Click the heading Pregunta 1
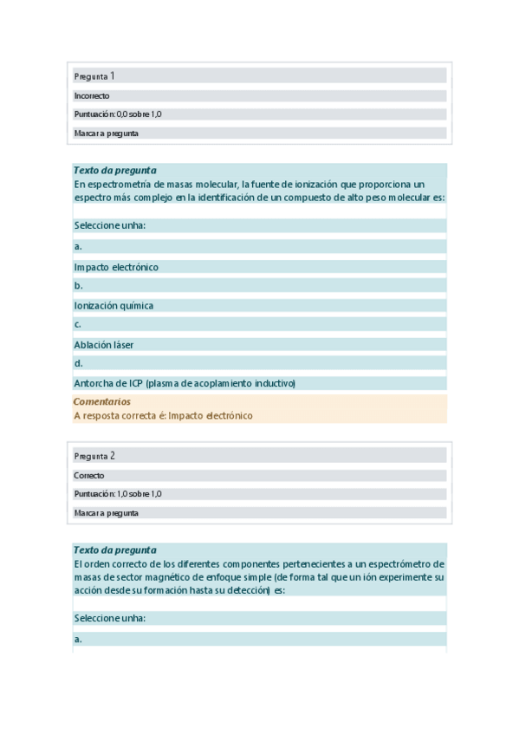(94, 76)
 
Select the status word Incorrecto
(92, 96)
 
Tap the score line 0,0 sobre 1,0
(118, 114)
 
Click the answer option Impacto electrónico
(116, 267)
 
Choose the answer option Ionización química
(114, 305)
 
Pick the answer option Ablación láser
(104, 344)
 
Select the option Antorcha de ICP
(185, 383)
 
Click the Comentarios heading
(102, 401)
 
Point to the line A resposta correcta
(163, 415)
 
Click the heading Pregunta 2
(94, 456)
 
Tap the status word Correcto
(89, 476)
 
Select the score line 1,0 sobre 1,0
(118, 494)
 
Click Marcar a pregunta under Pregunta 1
(107, 133)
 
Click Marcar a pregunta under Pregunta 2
(107, 513)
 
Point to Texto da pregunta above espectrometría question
(115, 170)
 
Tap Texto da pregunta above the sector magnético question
(115, 550)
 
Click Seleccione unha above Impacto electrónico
(109, 225)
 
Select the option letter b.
(78, 285)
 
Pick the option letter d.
(78, 363)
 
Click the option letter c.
(78, 324)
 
